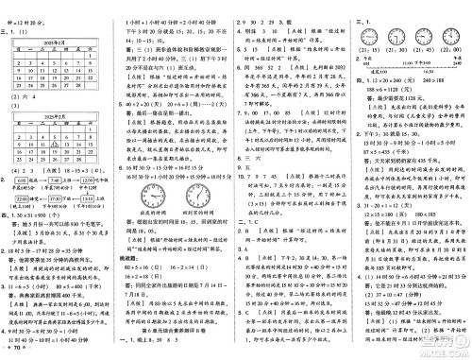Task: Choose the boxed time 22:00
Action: pos(90,196)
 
